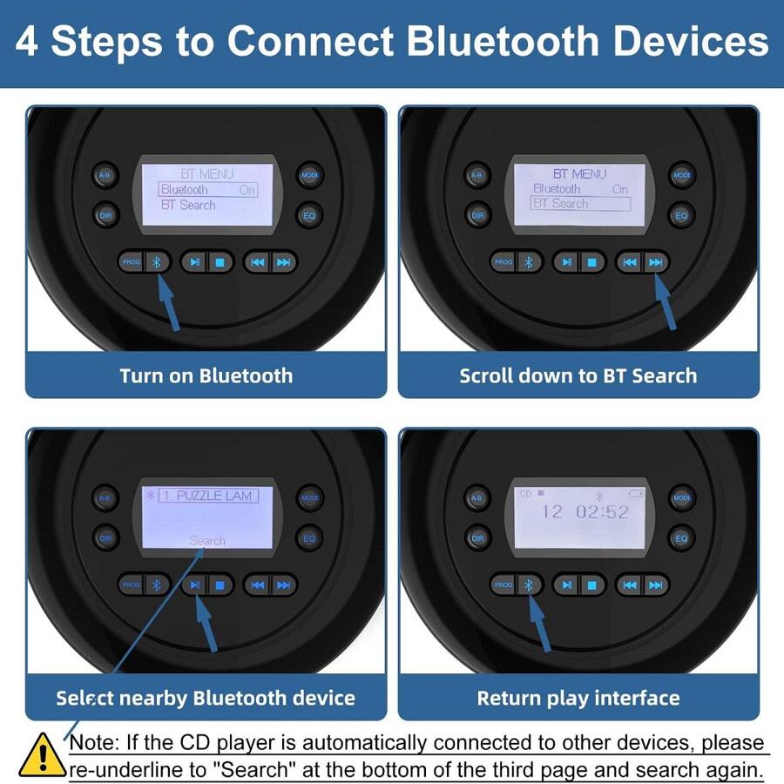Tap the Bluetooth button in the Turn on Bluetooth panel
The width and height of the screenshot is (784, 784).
[158, 261]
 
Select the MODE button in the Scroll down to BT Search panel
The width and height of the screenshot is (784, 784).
[682, 175]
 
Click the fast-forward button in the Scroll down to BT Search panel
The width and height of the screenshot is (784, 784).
[656, 262]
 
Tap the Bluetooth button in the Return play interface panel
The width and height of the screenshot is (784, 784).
[528, 585]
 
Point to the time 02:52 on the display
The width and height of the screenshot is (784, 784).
[601, 512]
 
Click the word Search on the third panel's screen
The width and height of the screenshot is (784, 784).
[207, 541]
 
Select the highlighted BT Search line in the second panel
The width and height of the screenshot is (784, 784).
[580, 204]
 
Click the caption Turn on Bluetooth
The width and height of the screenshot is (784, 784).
[206, 376]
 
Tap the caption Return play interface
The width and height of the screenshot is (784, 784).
[578, 698]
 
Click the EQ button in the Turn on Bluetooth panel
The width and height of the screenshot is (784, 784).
[309, 213]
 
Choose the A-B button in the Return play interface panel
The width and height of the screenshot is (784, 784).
[476, 498]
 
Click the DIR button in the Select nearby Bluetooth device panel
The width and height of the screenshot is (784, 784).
[105, 538]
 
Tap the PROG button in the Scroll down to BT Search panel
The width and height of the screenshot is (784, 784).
[504, 262]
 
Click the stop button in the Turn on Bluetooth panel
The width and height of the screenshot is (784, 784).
[220, 261]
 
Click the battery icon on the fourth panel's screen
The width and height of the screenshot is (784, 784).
[638, 494]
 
